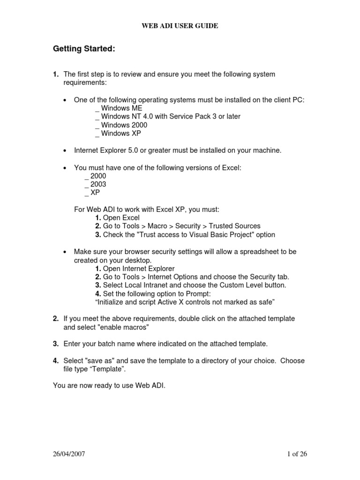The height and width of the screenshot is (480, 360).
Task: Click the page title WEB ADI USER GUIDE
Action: (x=180, y=26)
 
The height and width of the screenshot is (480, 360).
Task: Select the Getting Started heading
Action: (x=84, y=49)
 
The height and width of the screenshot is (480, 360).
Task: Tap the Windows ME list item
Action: (x=119, y=108)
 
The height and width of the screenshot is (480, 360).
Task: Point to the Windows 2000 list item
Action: (x=121, y=125)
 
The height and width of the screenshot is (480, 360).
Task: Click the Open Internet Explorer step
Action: (x=135, y=269)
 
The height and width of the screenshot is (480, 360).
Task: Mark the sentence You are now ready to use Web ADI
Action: (x=110, y=386)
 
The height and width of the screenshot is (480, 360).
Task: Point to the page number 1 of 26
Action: (x=296, y=454)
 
